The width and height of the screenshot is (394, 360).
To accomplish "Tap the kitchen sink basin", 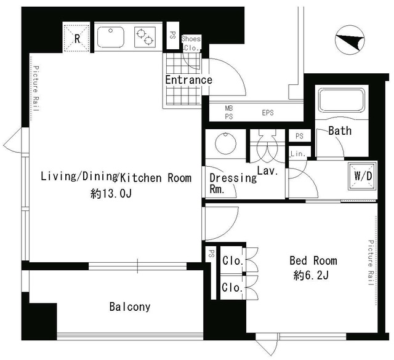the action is coord(111,37).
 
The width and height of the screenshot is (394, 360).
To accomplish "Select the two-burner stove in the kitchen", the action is coord(145,37).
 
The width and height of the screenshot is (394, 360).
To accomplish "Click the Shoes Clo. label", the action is coord(191,43).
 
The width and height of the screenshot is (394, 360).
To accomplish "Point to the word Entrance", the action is coord(189,80).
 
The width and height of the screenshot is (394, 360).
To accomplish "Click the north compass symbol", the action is coord(350,40).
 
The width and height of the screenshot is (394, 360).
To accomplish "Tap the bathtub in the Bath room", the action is coord(342,100).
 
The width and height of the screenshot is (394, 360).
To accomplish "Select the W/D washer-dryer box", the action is coord(363,177).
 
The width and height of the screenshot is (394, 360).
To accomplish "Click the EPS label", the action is coord(268,113).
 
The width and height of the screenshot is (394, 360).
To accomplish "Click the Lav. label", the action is coord(267,171).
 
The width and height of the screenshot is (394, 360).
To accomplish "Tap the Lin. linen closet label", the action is coord(298,154).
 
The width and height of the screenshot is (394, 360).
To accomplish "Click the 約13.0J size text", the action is coord(111,193).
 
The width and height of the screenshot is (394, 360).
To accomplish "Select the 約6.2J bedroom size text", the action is coord(311,276).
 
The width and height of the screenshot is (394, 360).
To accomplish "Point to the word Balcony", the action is coord(130,306).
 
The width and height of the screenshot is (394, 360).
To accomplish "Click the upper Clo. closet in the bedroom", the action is coord(233,260).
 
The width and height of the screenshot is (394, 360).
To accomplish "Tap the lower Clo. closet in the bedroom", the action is coord(233,287).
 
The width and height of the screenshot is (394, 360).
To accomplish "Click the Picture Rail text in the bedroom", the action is coord(371,263).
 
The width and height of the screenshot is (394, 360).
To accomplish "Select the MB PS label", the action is coord(229,112).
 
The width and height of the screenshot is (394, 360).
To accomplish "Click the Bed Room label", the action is coord(313,261).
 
